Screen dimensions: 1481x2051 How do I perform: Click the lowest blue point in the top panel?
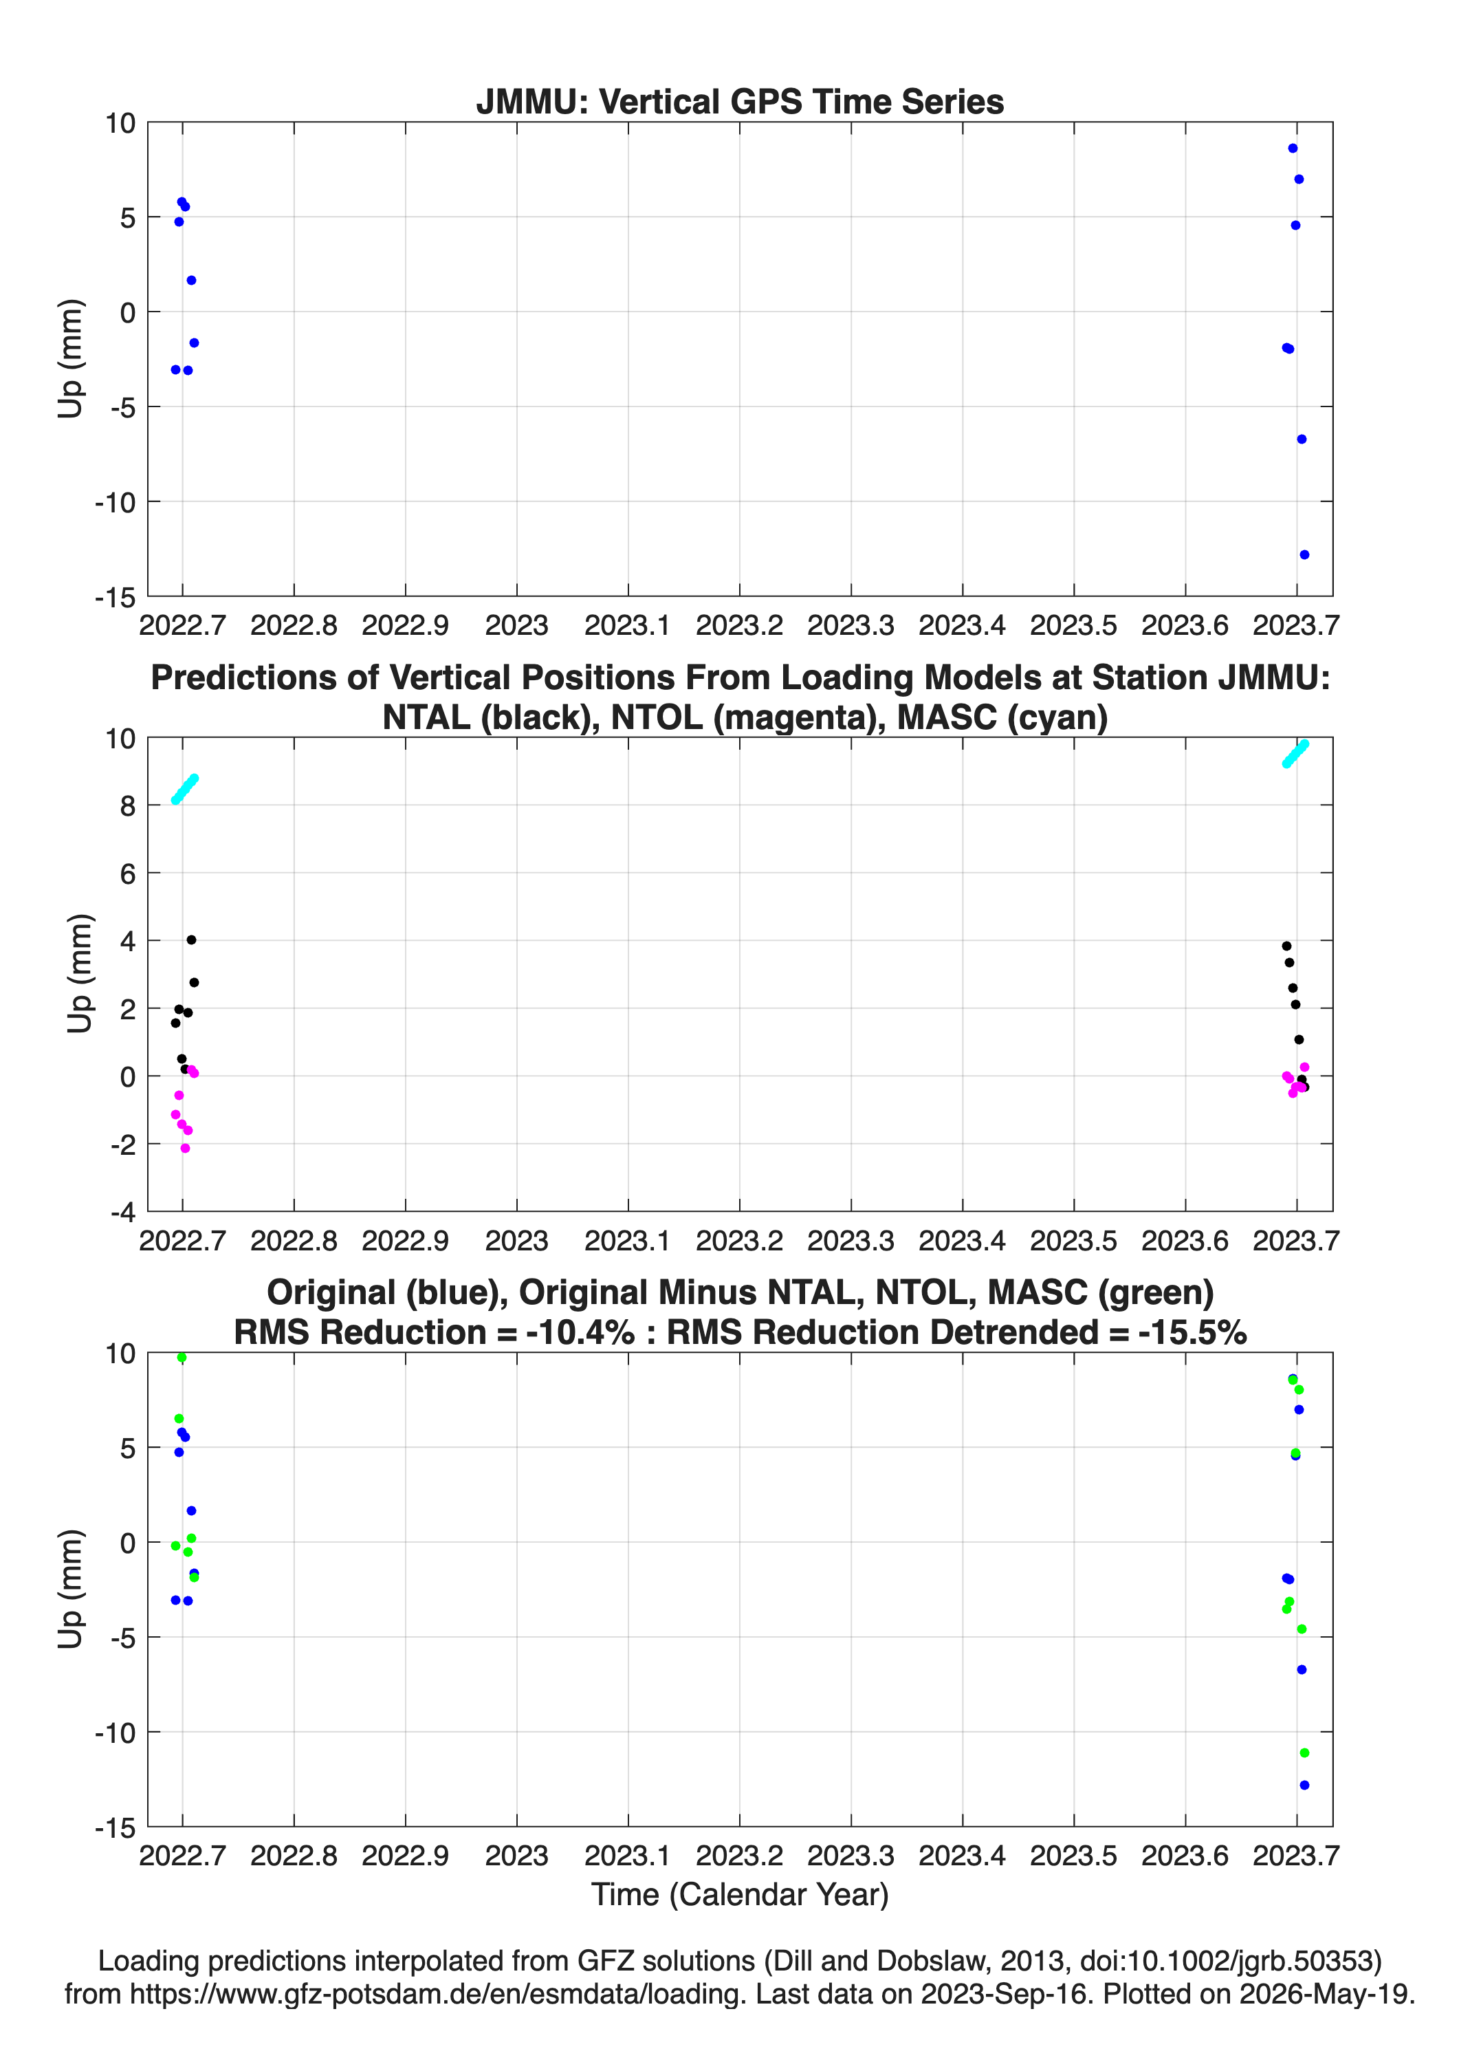click(1304, 554)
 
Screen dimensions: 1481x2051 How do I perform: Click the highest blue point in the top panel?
click(1293, 149)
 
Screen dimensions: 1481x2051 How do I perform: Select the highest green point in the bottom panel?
click(182, 1358)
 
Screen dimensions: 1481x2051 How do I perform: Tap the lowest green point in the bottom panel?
click(1304, 1752)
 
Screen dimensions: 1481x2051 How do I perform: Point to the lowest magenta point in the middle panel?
click(186, 1149)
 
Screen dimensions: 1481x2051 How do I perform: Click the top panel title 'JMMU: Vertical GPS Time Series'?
click(740, 101)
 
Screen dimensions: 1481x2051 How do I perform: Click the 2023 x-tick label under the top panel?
click(516, 625)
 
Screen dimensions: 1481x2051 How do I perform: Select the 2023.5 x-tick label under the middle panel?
click(1073, 1240)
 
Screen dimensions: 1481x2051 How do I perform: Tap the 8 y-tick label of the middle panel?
click(127, 806)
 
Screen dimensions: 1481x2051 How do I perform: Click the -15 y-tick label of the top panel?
click(115, 598)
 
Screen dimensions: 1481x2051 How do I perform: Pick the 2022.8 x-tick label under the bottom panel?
click(294, 1855)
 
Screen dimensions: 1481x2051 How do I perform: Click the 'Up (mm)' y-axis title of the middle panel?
click(80, 974)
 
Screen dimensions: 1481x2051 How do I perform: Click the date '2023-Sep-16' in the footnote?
click(1004, 1994)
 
